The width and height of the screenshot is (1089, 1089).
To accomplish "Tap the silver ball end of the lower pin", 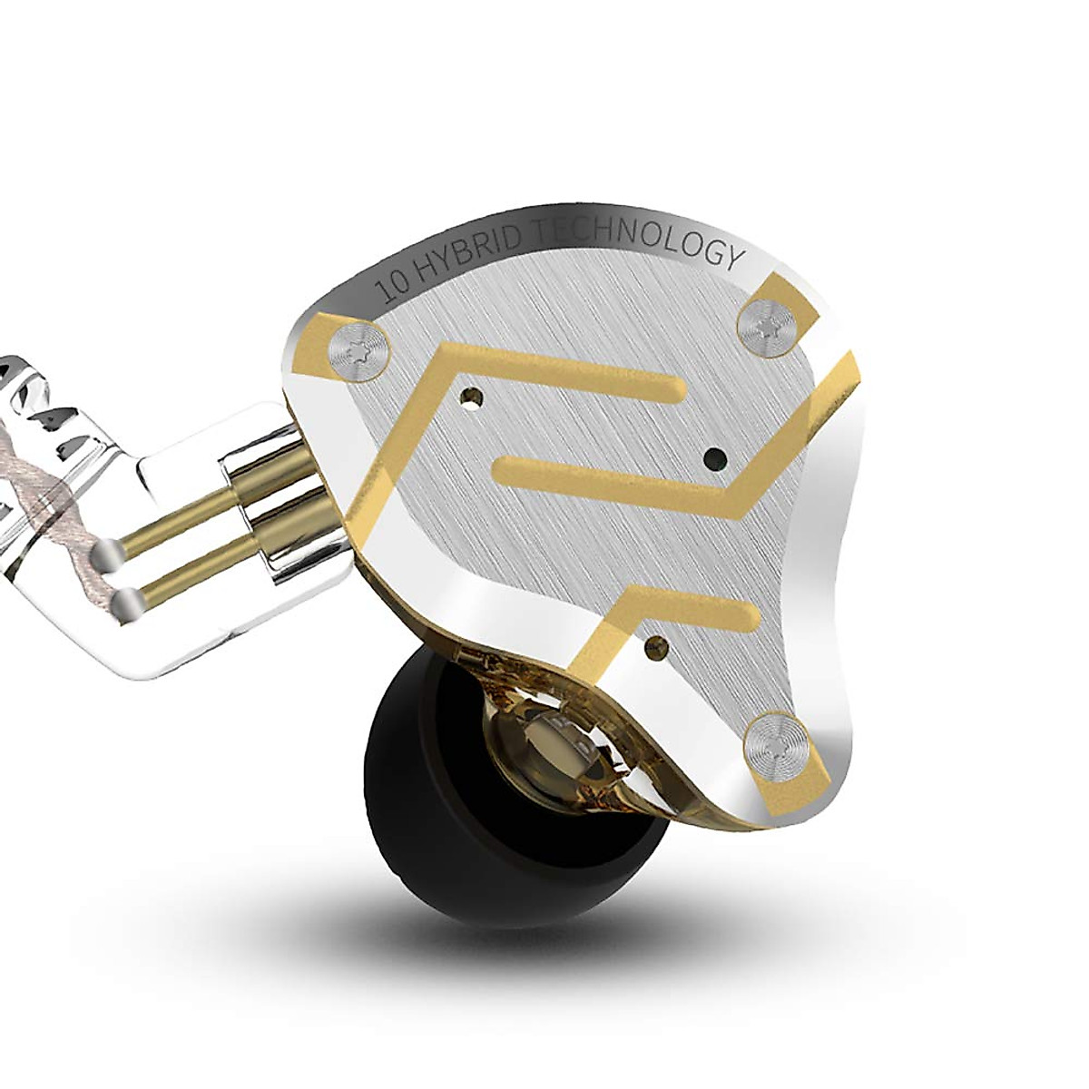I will [x=130, y=601].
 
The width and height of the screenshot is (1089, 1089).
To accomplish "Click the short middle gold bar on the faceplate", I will [x=590, y=471].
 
